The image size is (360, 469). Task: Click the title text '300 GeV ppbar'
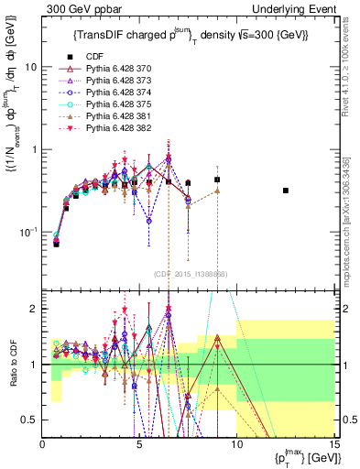point(75,7)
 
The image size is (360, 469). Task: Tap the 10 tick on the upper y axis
point(32,68)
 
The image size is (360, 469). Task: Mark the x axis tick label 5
point(139,444)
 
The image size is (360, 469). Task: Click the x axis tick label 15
point(333,444)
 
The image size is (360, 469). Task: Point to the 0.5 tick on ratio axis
point(31,420)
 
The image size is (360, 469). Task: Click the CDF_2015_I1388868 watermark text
point(191,274)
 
